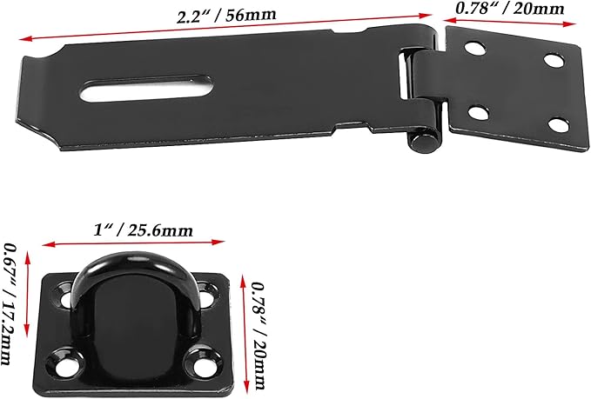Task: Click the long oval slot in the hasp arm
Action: (148, 91)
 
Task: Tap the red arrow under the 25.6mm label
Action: (135, 244)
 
